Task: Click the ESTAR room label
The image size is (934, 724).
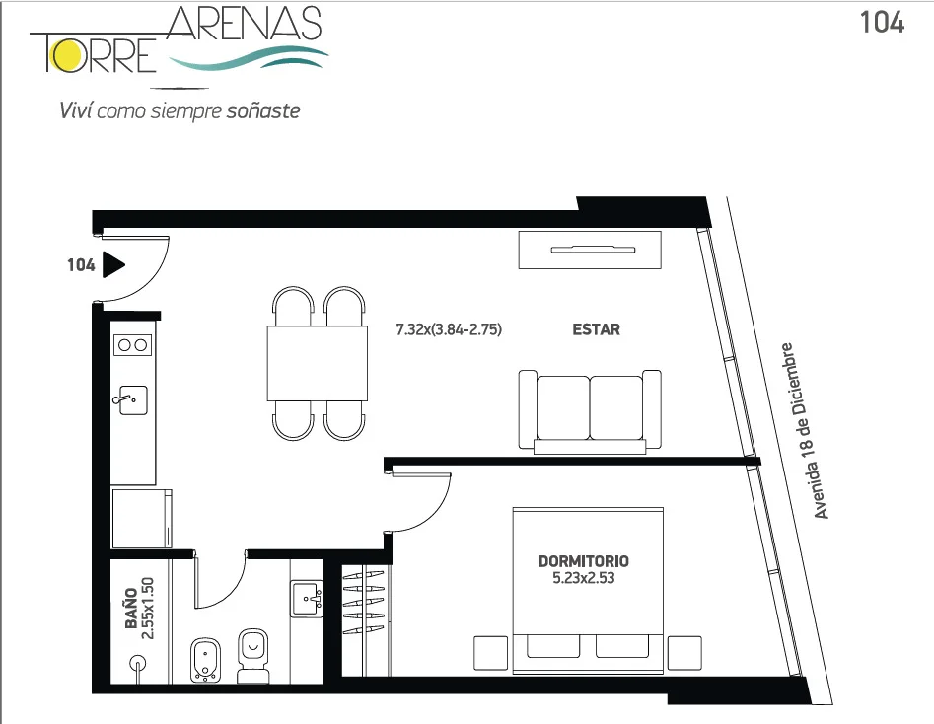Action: click(x=596, y=329)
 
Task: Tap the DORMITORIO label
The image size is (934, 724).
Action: click(x=583, y=561)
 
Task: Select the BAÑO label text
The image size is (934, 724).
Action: click(x=131, y=609)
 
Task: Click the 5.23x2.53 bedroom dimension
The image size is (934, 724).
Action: click(x=583, y=578)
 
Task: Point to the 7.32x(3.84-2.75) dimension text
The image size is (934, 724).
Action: click(x=449, y=329)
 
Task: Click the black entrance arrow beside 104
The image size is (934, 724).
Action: click(x=113, y=264)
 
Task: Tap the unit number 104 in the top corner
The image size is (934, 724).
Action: click(x=882, y=23)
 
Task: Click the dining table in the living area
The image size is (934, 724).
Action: click(x=317, y=363)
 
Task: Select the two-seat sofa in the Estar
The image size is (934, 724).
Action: click(x=590, y=411)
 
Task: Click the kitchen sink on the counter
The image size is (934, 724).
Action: click(x=130, y=399)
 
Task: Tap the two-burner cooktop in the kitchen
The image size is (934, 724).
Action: click(x=133, y=345)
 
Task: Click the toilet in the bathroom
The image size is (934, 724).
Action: click(x=253, y=656)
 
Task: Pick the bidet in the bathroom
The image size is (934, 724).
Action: click(x=206, y=660)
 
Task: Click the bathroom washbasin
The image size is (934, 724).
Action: click(x=307, y=599)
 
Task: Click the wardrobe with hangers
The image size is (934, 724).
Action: click(x=364, y=620)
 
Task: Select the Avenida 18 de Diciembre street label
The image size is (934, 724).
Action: click(x=804, y=430)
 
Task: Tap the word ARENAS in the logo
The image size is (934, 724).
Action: click(x=245, y=25)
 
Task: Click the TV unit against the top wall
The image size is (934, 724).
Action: click(x=590, y=251)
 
